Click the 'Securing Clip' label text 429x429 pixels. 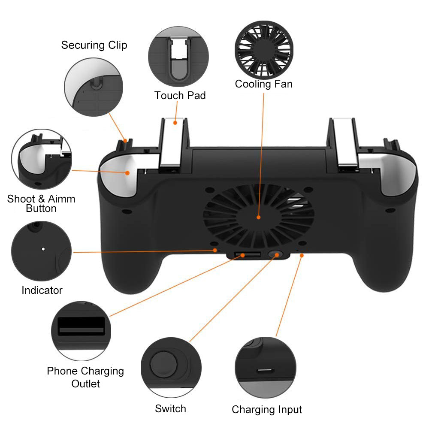pyautogui.click(x=94, y=45)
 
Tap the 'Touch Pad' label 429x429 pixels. pyautogui.click(x=180, y=96)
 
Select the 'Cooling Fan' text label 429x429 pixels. pyautogui.click(x=263, y=84)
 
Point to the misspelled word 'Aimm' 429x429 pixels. pyautogui.click(x=61, y=199)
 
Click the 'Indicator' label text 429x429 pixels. pyautogui.click(x=42, y=290)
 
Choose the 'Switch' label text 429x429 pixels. pyautogui.click(x=170, y=409)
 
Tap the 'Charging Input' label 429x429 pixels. pyautogui.click(x=267, y=410)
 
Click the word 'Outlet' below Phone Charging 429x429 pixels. pyautogui.click(x=85, y=384)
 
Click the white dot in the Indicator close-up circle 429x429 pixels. pyautogui.click(x=43, y=249)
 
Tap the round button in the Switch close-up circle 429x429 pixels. pyautogui.click(x=163, y=364)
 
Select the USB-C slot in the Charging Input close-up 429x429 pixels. pyautogui.click(x=266, y=371)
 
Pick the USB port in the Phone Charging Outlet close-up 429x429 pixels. pyautogui.click(x=81, y=326)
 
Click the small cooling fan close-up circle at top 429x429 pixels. pyautogui.click(x=264, y=50)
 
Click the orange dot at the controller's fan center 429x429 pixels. pyautogui.click(x=258, y=218)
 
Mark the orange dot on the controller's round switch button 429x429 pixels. pyautogui.click(x=277, y=255)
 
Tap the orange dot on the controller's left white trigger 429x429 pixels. pyautogui.click(x=127, y=173)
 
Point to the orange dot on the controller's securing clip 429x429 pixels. pyautogui.click(x=125, y=141)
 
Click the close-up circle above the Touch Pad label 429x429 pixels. pyautogui.click(x=178, y=57)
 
